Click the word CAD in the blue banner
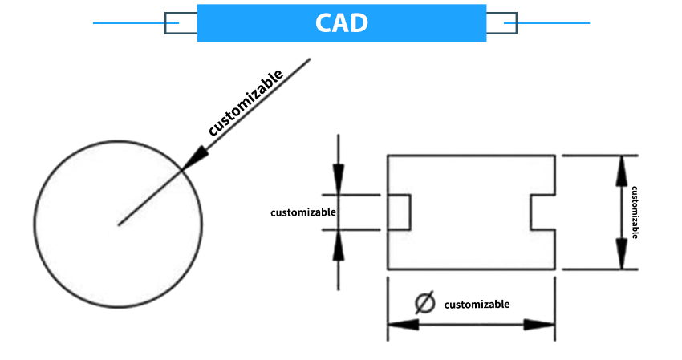[341, 22]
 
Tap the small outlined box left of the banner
[181, 23]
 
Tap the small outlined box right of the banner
[501, 23]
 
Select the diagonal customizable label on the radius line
[246, 103]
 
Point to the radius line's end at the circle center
[119, 224]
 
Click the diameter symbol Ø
[424, 304]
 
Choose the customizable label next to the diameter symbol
[477, 304]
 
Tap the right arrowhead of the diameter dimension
[539, 325]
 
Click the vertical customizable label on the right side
[635, 212]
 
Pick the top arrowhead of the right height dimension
[620, 170]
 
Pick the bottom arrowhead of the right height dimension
[620, 254]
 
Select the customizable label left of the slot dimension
[302, 212]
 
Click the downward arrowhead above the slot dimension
[339, 178]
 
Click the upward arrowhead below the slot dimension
[339, 247]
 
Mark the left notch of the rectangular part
[400, 212]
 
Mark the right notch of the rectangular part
[543, 212]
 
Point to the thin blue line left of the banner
[128, 23]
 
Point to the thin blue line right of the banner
[554, 23]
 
